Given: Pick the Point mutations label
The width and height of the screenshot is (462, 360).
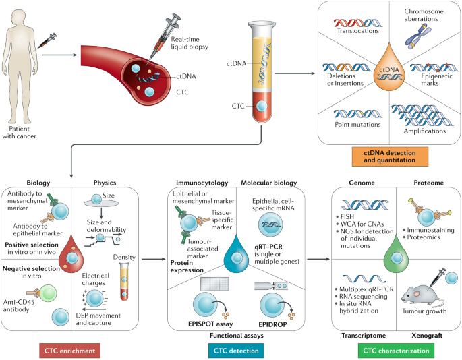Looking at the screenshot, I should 357,125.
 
